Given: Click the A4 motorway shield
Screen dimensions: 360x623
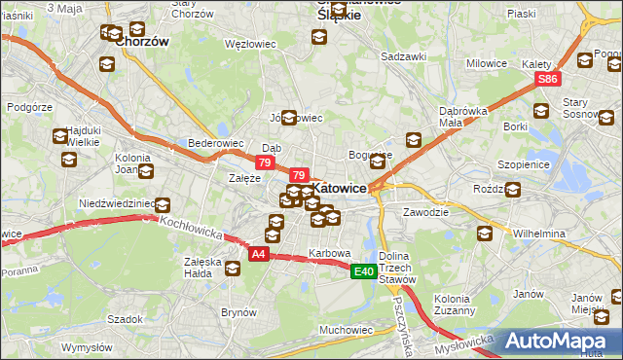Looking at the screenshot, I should click(x=258, y=254).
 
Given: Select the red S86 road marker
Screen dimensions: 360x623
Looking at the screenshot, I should click(x=549, y=79).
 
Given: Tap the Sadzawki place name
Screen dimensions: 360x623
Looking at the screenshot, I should click(x=404, y=56).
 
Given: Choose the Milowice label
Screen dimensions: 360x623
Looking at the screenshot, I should click(x=487, y=63).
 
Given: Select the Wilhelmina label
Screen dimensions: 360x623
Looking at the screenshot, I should click(x=539, y=234).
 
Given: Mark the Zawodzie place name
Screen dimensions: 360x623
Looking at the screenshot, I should click(x=425, y=211).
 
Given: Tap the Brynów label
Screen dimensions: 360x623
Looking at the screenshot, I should click(x=238, y=312).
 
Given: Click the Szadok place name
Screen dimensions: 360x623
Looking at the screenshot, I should click(x=126, y=318).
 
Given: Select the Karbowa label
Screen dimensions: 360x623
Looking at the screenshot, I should click(x=329, y=253).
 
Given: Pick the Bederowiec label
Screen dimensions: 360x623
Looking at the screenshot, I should click(x=215, y=143).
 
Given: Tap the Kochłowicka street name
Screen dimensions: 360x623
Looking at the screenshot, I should click(x=192, y=230).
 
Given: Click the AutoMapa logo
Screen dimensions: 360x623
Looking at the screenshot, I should click(x=559, y=342).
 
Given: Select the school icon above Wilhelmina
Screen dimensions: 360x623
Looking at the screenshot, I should click(x=485, y=234).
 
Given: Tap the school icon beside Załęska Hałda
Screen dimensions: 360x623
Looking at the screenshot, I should click(x=232, y=269).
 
